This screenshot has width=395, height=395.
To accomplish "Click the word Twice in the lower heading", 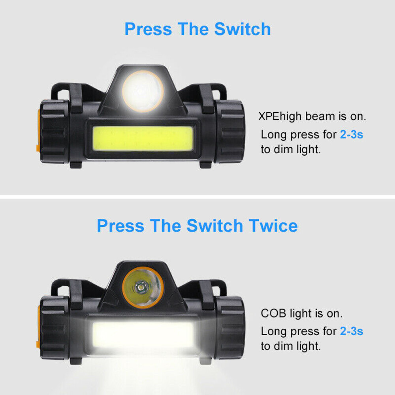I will tap(273, 226).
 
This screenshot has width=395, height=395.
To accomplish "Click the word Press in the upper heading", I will tap(148, 30).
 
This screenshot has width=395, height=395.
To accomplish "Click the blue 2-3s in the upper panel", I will tap(352, 134).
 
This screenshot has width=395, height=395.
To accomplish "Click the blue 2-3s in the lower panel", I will tap(352, 331).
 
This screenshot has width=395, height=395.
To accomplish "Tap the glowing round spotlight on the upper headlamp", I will tap(142, 91).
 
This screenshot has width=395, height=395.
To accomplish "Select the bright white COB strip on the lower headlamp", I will tap(143, 334).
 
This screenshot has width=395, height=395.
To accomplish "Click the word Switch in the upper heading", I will tap(243, 30).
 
